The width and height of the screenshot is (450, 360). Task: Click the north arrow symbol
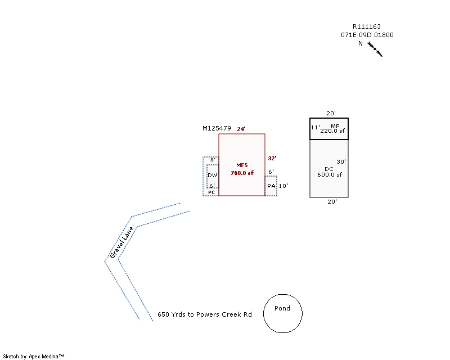tap(376, 49)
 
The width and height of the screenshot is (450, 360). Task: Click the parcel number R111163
tap(367, 26)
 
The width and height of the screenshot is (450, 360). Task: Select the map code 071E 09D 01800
tap(367, 35)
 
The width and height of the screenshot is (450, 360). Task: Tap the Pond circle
tap(283, 313)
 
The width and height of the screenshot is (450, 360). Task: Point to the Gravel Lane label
tap(122, 242)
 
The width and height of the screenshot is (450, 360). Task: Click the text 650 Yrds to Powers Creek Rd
tap(205, 314)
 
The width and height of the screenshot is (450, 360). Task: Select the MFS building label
tap(242, 165)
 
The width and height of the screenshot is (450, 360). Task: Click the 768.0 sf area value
tap(242, 173)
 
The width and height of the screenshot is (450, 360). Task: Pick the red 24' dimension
tap(241, 129)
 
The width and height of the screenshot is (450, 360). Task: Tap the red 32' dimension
tap(272, 158)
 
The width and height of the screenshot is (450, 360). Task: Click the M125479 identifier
tap(217, 128)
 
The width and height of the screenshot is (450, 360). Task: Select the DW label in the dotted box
tap(212, 175)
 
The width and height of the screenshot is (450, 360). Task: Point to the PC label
tap(211, 192)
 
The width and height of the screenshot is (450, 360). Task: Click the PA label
tap(271, 186)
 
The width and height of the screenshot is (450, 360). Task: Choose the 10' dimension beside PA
tap(283, 186)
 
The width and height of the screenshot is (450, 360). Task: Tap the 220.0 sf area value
tap(332, 131)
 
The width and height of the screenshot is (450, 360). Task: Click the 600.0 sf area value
tap(329, 175)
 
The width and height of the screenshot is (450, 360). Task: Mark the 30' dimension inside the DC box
tap(341, 161)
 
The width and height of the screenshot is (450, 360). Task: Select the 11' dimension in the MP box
tap(316, 128)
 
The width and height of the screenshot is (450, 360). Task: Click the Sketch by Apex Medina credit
tap(34, 356)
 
